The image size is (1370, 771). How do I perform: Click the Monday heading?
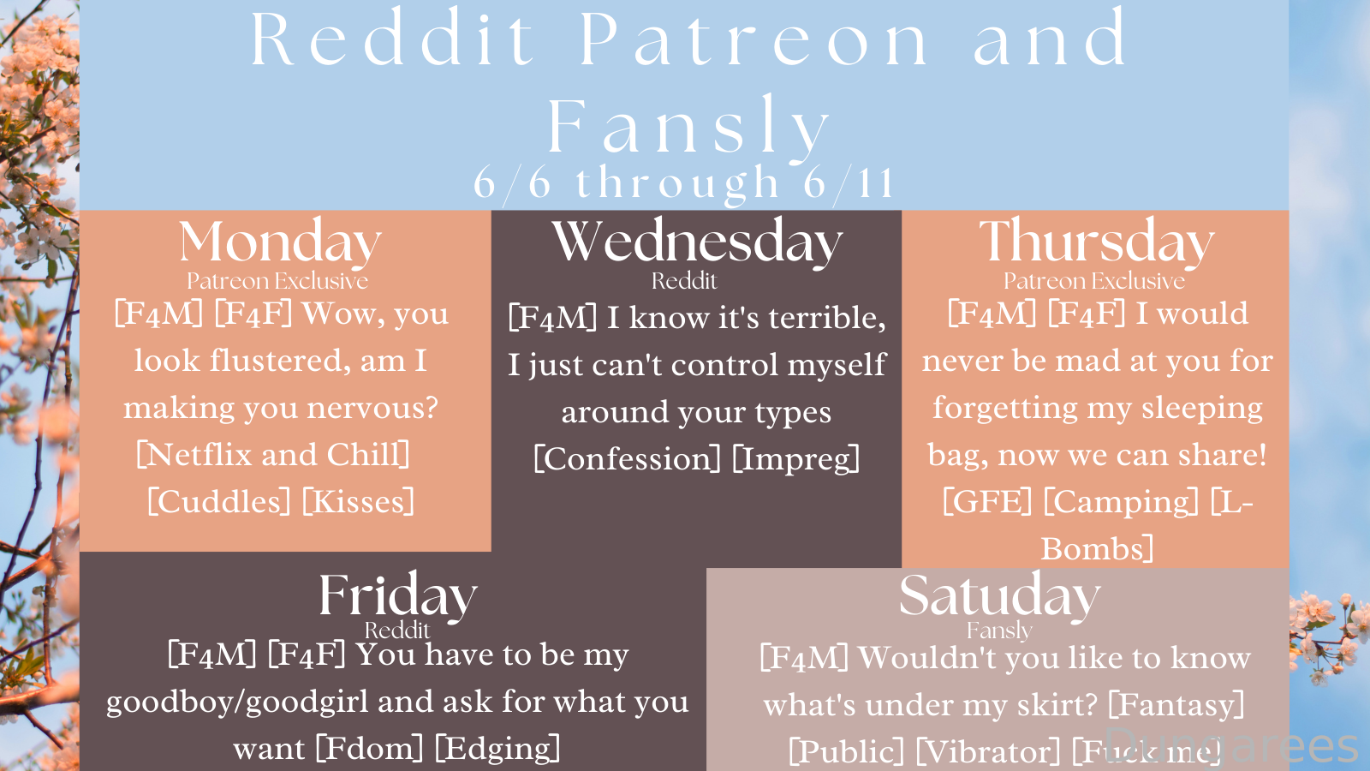280,242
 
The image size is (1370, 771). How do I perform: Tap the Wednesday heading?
697,242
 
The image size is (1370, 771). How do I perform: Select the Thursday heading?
1096,242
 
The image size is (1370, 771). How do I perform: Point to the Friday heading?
397,596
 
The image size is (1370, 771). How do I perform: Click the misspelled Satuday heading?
999,596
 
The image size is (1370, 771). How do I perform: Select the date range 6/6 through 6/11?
684,182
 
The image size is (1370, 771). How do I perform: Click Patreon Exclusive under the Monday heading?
277,281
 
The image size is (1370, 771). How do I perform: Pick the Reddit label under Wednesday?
684,281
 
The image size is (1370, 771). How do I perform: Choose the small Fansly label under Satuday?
999,631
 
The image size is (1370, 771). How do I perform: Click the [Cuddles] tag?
219,502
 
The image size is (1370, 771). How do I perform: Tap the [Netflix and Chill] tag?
273,455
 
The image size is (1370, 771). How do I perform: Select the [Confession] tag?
628,459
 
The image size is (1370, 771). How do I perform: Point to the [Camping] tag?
1121,502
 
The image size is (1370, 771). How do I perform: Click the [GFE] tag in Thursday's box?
987,502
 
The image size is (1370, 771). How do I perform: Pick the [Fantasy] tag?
1176,705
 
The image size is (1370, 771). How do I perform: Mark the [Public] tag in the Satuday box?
846,751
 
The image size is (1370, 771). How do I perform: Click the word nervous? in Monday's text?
372,408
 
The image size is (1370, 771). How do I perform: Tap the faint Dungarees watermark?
1232,744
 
